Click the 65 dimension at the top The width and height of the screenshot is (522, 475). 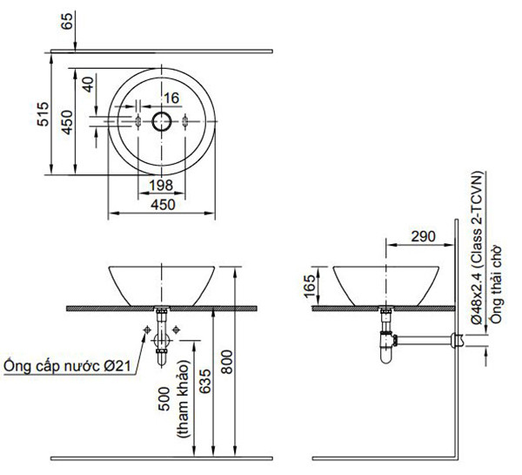tap(67, 21)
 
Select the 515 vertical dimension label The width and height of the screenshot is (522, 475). tap(43, 114)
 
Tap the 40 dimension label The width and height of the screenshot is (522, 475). tap(89, 85)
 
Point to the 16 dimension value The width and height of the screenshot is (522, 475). tap(171, 98)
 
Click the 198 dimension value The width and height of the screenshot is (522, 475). tap(161, 186)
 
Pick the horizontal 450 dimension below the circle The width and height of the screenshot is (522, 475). tap(163, 205)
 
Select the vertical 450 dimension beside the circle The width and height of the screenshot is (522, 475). tap(67, 122)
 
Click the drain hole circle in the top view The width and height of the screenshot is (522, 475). tap(162, 121)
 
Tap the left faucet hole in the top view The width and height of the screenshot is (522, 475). tap(138, 121)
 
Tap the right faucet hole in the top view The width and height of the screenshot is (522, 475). tap(185, 121)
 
